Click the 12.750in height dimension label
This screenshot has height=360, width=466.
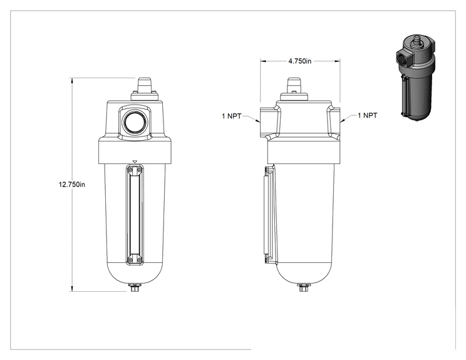pyautogui.click(x=71, y=185)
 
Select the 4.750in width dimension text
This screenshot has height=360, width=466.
pyautogui.click(x=300, y=61)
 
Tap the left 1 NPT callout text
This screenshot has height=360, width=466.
pyautogui.click(x=232, y=116)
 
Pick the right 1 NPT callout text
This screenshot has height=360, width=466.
pyautogui.click(x=367, y=115)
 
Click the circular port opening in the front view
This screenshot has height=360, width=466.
pyautogui.click(x=135, y=122)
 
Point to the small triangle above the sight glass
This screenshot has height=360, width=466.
pyautogui.click(x=135, y=162)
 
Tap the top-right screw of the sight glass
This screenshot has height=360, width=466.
pyautogui.click(x=140, y=170)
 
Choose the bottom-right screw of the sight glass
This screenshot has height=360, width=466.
pyautogui.click(x=140, y=260)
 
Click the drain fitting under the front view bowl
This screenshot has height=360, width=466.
pyautogui.click(x=135, y=287)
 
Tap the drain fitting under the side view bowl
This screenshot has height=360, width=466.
pyautogui.click(x=303, y=287)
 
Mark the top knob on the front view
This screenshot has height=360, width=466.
pyautogui.click(x=145, y=85)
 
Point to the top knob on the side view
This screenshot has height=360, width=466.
pyautogui.click(x=294, y=85)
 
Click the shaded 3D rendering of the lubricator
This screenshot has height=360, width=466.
pyautogui.click(x=415, y=78)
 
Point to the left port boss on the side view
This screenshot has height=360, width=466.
pyautogui.click(x=269, y=122)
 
